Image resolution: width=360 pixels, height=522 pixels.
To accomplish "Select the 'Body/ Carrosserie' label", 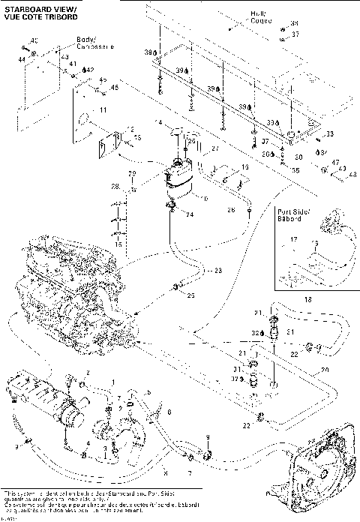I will point(94,42).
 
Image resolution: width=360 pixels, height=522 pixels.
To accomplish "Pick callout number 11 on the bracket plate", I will point(103,110).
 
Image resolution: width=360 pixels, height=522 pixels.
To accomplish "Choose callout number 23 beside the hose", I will point(218,271).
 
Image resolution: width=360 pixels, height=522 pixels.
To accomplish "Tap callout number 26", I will point(231,209).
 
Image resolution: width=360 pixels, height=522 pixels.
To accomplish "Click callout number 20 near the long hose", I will point(324,370).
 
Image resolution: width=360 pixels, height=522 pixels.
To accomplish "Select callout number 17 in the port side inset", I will point(294,241).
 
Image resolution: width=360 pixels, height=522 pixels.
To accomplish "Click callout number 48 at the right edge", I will point(352,175).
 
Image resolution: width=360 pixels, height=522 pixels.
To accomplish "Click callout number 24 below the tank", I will point(190,214).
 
